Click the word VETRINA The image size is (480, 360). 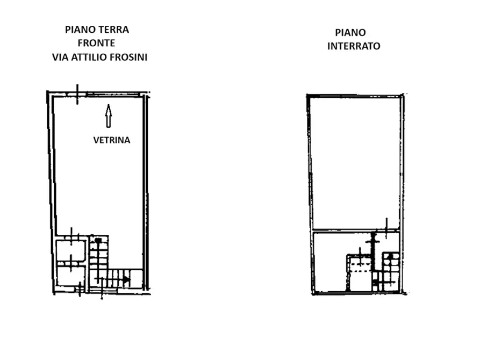(x=112, y=140)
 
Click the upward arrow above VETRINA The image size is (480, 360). (x=109, y=116)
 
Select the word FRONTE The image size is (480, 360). (x=96, y=43)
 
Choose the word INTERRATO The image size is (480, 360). (x=354, y=46)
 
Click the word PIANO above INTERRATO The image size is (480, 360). (x=350, y=32)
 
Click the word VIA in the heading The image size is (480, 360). (x=60, y=57)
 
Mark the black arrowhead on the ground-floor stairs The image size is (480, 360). (x=126, y=280)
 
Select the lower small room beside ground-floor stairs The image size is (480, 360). (x=71, y=276)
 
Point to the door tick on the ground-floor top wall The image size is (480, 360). (x=77, y=94)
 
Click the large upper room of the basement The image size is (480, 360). (x=355, y=163)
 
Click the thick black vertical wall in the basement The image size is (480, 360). (x=373, y=252)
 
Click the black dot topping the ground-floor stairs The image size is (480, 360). (x=98, y=241)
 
